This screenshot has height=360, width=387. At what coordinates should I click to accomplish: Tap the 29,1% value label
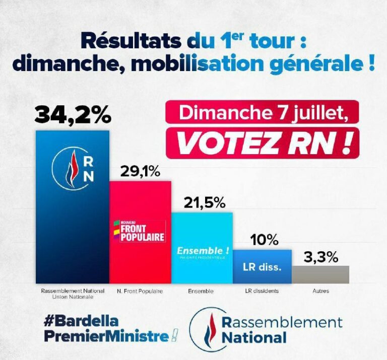(140, 172)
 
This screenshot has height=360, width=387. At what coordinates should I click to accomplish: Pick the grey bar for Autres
(320, 274)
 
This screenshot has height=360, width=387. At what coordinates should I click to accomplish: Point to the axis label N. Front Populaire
(140, 291)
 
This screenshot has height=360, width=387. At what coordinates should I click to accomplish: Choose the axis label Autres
(320, 291)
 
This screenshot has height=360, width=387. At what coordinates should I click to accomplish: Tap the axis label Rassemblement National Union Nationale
(73, 294)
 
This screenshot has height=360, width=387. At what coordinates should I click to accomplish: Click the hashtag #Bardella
(81, 321)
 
